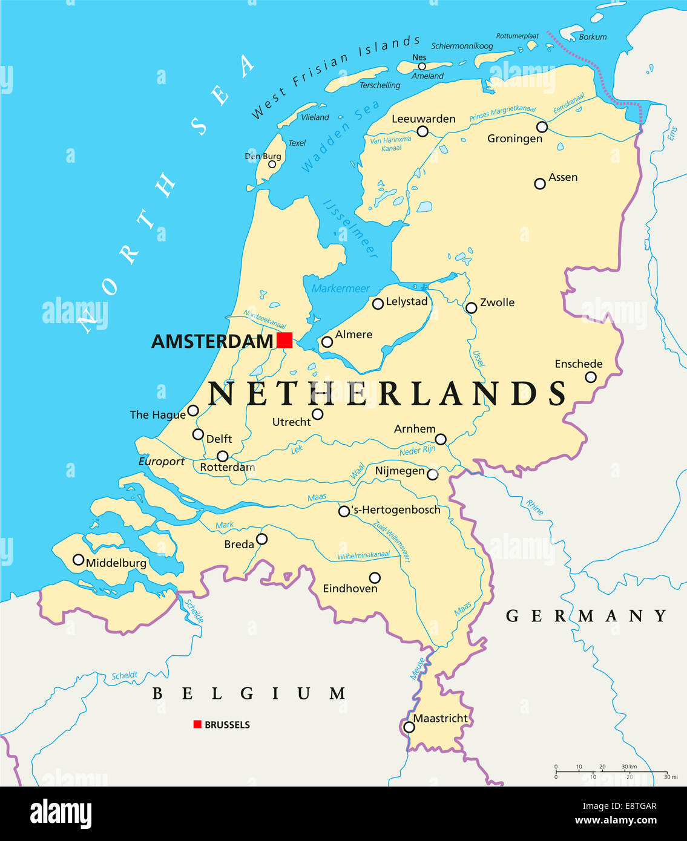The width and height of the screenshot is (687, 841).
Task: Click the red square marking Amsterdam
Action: pyautogui.click(x=284, y=340)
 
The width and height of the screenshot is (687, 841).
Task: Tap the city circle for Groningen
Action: pyautogui.click(x=542, y=127)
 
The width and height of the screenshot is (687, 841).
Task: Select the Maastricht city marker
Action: pyautogui.click(x=409, y=727)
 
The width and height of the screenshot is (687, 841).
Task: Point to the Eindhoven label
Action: pyautogui.click(x=350, y=589)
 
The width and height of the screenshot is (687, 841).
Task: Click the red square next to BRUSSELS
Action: pyautogui.click(x=197, y=724)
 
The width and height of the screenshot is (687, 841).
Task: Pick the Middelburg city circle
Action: pyautogui.click(x=78, y=560)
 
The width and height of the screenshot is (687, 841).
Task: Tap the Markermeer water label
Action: pyautogui.click(x=340, y=289)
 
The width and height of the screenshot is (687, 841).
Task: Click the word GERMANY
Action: pyautogui.click(x=586, y=616)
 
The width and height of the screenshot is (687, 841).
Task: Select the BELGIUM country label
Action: pyautogui.click(x=249, y=693)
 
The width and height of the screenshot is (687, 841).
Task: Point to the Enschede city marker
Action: pyautogui.click(x=591, y=378)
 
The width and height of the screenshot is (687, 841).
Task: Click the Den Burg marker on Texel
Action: pyautogui.click(x=272, y=164)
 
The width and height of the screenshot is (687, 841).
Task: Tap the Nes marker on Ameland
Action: pyautogui.click(x=422, y=67)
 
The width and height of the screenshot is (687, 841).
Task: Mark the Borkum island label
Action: pyautogui.click(x=593, y=37)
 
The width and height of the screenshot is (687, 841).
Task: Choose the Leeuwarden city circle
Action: pyautogui.click(x=422, y=131)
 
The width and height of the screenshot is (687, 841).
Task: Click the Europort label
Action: pyautogui.click(x=162, y=462)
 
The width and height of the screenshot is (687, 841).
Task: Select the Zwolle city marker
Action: pyautogui.click(x=471, y=308)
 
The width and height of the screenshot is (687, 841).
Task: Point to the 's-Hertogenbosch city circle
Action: pyautogui.click(x=344, y=511)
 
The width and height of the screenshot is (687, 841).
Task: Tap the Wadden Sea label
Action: pyautogui.click(x=340, y=137)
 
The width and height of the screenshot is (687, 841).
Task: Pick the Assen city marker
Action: pyautogui.click(x=540, y=183)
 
